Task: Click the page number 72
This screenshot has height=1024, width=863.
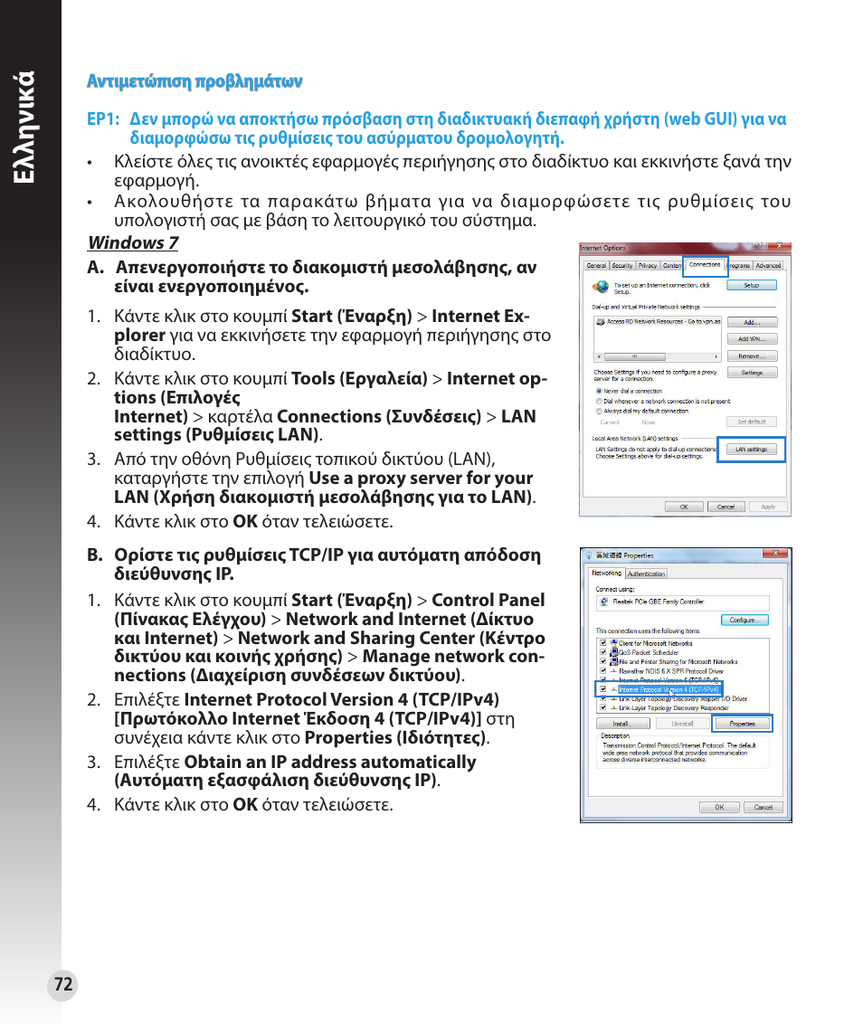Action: (x=62, y=985)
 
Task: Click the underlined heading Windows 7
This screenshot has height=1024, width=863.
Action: (x=132, y=242)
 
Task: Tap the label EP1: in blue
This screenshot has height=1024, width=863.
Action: (x=103, y=119)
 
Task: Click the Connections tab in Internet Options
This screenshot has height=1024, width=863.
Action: (x=705, y=265)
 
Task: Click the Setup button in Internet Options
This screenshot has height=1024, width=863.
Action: (x=752, y=285)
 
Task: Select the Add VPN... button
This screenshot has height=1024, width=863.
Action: (x=752, y=338)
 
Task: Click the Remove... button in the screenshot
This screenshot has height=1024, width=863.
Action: (x=752, y=356)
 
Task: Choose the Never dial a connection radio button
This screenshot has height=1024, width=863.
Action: (x=599, y=391)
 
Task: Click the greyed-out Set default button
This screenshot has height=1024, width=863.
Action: (x=752, y=422)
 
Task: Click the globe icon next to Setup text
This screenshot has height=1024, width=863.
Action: (x=601, y=287)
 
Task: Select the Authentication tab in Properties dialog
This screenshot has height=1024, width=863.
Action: (x=646, y=574)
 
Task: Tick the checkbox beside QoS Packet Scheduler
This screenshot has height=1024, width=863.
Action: (x=602, y=651)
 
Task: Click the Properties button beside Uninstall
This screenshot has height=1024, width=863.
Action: (x=742, y=724)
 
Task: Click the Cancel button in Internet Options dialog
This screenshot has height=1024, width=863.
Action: (x=725, y=507)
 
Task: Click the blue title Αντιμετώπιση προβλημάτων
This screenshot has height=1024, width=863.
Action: (x=194, y=81)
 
